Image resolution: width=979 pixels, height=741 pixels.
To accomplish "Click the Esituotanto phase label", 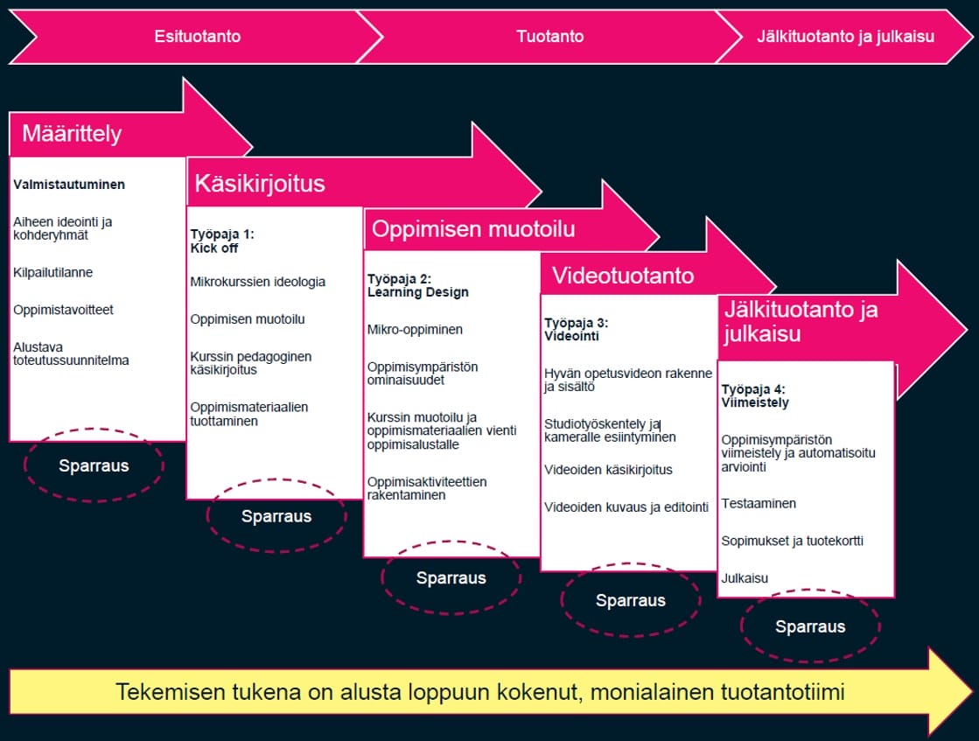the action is click(x=198, y=36).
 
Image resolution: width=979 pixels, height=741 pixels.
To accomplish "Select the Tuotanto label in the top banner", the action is click(x=550, y=36).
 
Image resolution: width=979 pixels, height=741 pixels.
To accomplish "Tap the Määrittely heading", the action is click(x=72, y=134).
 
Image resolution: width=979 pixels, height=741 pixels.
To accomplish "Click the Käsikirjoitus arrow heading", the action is click(x=260, y=184).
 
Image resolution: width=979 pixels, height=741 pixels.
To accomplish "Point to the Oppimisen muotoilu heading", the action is click(x=473, y=229).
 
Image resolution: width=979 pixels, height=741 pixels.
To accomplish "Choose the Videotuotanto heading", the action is click(x=623, y=276).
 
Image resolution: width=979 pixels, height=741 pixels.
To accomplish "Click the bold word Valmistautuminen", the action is click(x=69, y=185).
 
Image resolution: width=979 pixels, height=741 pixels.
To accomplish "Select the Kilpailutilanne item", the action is click(x=53, y=272).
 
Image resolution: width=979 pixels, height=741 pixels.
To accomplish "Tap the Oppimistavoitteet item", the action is click(x=63, y=310).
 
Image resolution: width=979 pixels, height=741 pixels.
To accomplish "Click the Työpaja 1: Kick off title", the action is click(x=222, y=241).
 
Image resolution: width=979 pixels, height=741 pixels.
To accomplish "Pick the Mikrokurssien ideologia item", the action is click(x=258, y=282).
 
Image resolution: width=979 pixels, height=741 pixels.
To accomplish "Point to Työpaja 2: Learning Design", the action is click(x=417, y=285).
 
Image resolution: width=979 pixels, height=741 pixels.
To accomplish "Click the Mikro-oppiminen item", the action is click(x=416, y=330).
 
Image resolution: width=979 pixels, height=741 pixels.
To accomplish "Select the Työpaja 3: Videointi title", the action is click(x=577, y=329).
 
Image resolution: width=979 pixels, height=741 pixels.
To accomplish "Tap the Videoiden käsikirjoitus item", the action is click(x=609, y=470).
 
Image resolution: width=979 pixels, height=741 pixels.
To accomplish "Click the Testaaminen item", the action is click(x=759, y=503).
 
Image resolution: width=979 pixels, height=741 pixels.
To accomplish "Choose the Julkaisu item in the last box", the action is click(x=745, y=578).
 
